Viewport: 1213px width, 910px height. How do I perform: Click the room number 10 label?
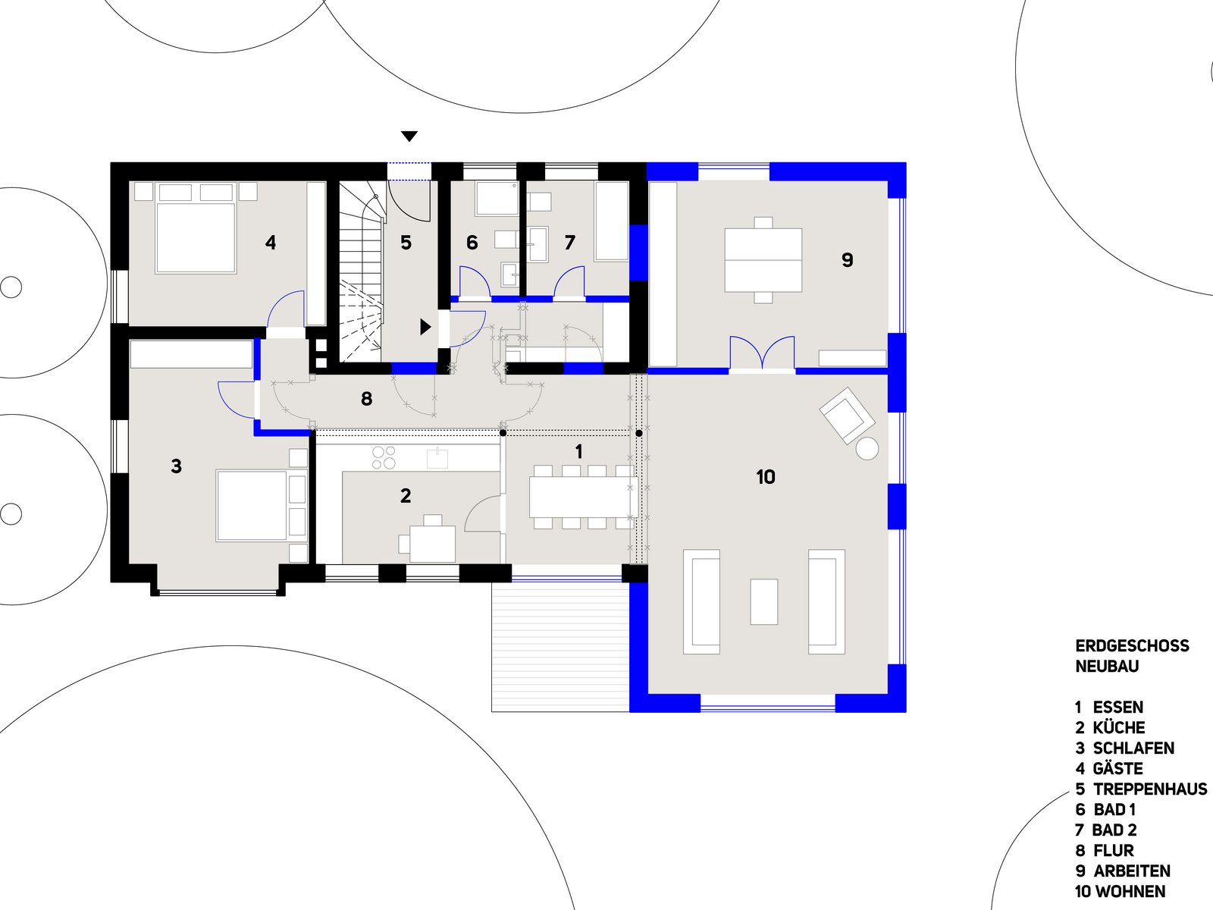(x=766, y=477)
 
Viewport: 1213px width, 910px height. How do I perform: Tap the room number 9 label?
(x=848, y=260)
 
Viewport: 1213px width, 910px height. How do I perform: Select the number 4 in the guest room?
(x=271, y=243)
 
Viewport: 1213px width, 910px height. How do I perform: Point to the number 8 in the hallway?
(x=367, y=399)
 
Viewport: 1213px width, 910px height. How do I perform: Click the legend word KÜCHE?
(x=1118, y=728)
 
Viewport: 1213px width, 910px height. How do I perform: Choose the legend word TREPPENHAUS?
(x=1149, y=789)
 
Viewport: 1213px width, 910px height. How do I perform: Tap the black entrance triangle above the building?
(x=409, y=136)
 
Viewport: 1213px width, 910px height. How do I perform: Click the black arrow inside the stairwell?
(x=425, y=327)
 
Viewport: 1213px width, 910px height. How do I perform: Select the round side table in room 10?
(x=867, y=448)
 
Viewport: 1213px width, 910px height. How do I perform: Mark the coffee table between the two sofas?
(x=764, y=601)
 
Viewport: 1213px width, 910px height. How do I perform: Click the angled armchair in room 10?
(x=846, y=415)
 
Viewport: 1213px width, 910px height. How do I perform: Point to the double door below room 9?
(x=762, y=354)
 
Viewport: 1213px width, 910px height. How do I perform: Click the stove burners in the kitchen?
(x=384, y=457)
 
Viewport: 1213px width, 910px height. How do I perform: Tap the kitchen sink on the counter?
(x=437, y=459)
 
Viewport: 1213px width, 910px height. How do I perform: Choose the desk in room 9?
(x=763, y=260)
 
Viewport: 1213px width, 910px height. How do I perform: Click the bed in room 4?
(x=196, y=236)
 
